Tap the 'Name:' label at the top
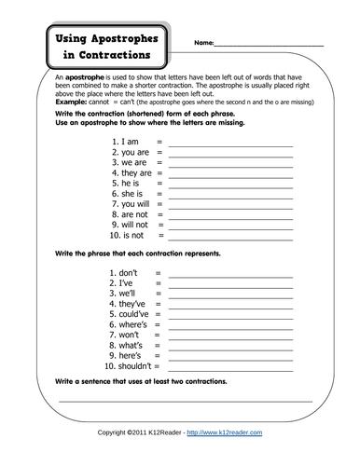tap(203, 44)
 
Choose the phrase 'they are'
tap(137, 173)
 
